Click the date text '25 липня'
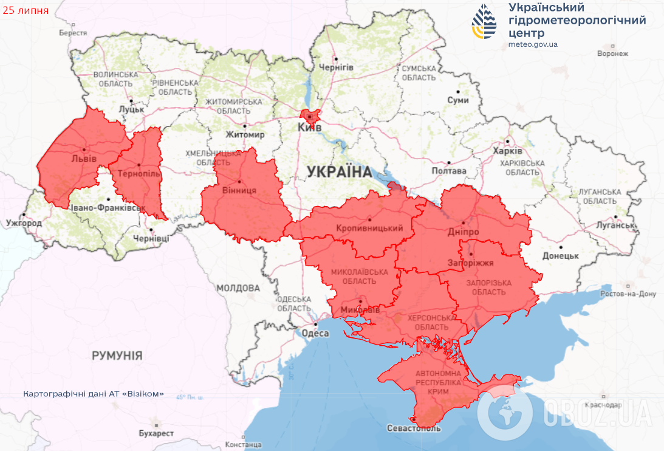(x=25, y=11)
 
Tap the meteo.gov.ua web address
(x=533, y=44)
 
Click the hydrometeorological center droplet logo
(x=484, y=22)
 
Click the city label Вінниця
(x=240, y=190)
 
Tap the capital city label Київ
(x=309, y=127)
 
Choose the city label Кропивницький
(x=369, y=228)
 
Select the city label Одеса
(x=315, y=333)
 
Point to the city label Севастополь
(x=414, y=428)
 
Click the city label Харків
(x=507, y=150)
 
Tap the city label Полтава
(x=448, y=171)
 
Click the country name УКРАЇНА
(x=339, y=171)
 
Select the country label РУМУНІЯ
(x=117, y=355)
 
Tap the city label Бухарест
(x=156, y=433)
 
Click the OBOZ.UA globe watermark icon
(x=504, y=413)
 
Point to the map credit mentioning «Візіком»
(x=94, y=394)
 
